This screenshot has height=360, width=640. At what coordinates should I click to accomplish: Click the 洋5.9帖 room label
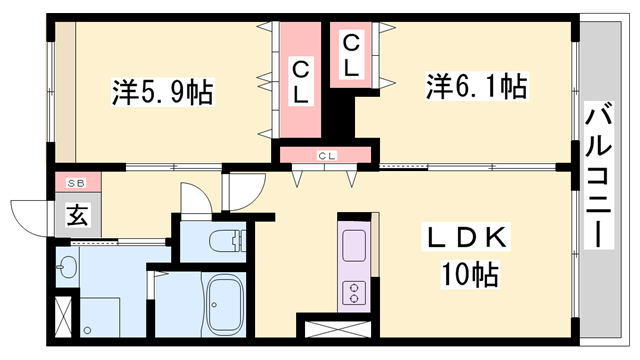[x=161, y=92]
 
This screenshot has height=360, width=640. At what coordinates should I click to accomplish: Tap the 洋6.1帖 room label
[x=478, y=86]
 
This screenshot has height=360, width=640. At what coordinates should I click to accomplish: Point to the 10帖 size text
[x=469, y=271]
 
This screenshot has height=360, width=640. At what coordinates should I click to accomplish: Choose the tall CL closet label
[x=301, y=80]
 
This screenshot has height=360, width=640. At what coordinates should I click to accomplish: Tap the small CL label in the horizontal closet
[x=326, y=154]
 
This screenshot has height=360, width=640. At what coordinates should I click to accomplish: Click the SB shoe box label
[x=76, y=184]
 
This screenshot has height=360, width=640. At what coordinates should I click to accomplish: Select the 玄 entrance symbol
[x=76, y=213]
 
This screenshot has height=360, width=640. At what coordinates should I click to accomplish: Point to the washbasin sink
[x=67, y=268]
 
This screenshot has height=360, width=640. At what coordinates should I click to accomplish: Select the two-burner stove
[x=354, y=291]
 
